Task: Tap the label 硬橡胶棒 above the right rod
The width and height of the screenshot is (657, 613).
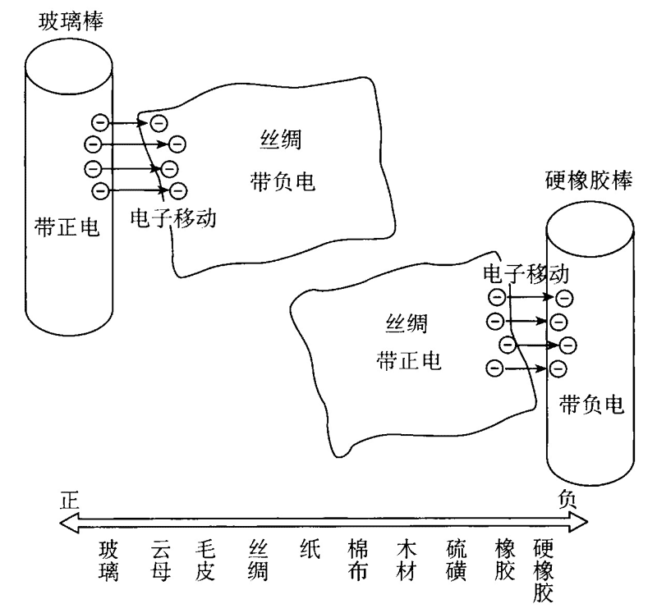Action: [589, 182]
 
